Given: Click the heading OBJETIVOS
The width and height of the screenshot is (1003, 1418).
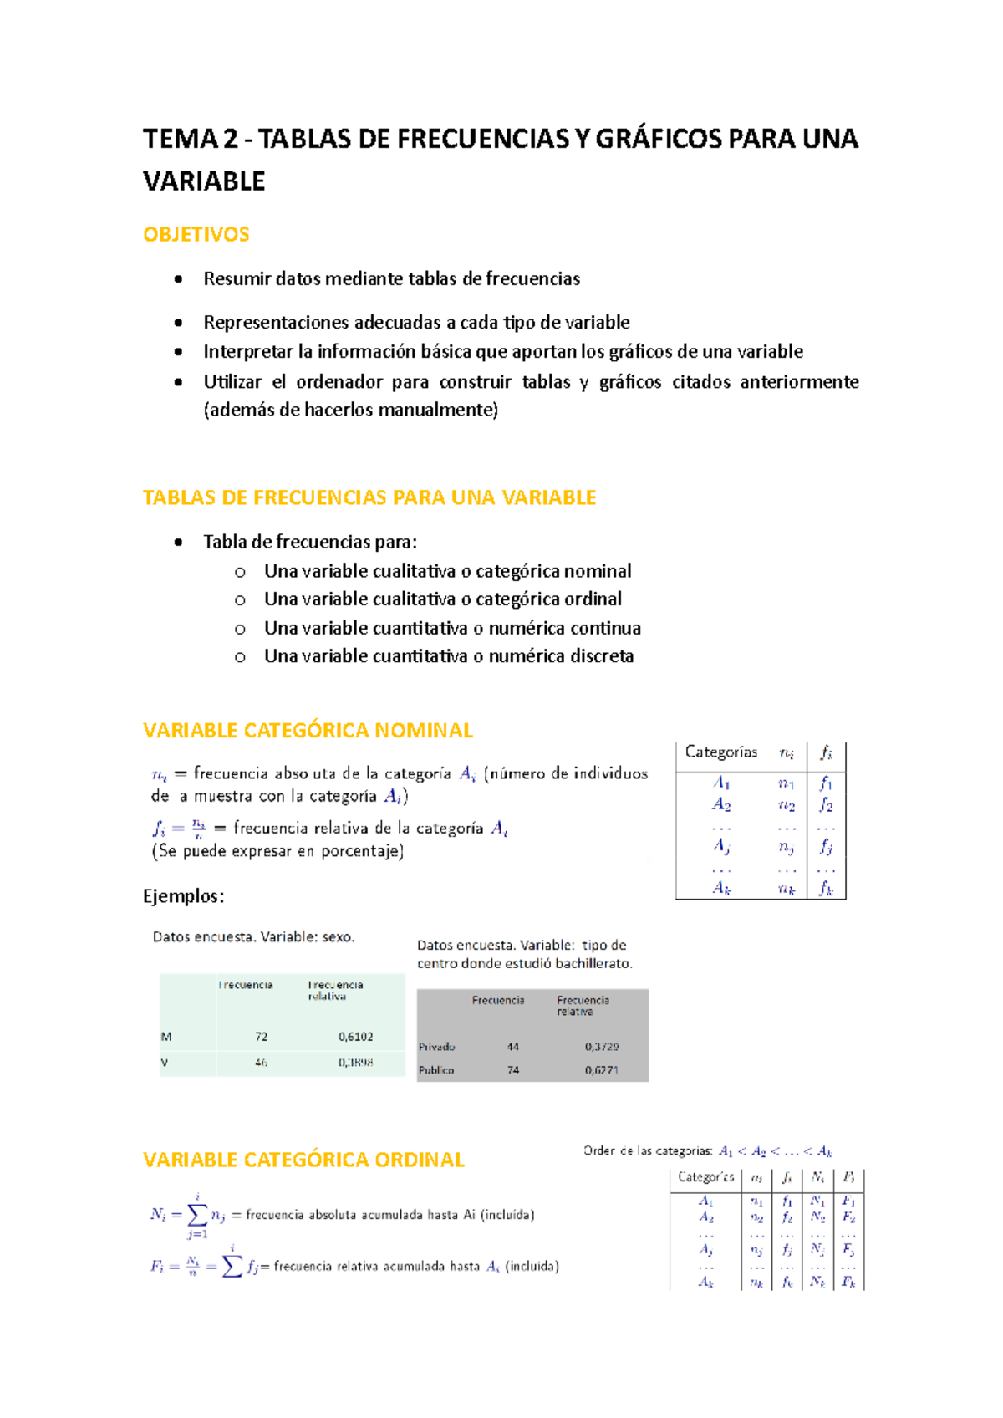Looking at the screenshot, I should coord(196,234).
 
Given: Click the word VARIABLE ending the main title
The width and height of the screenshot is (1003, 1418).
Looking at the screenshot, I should coord(204,181).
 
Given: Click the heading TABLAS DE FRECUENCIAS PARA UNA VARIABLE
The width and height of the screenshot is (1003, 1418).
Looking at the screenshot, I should coord(369,497).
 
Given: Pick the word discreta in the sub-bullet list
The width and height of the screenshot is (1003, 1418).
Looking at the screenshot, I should coord(602,656).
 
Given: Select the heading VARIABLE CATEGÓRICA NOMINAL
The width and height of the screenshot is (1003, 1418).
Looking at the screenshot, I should coord(308,731).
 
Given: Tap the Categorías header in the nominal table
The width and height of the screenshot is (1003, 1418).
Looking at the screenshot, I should coord(720,752).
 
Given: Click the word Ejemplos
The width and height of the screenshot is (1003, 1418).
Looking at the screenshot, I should coord(183,896).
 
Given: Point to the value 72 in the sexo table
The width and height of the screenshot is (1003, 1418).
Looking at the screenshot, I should coord(262,1037).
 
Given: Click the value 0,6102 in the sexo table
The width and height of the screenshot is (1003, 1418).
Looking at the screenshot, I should coord(356,1037).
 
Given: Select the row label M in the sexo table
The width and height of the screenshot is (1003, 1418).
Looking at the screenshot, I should coord(166,1037).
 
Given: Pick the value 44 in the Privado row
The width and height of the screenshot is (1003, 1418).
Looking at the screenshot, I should coord(513,1047).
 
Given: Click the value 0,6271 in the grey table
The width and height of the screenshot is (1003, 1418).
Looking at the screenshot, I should coord(602,1070).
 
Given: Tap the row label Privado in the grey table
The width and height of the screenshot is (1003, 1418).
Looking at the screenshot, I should coord(437,1047).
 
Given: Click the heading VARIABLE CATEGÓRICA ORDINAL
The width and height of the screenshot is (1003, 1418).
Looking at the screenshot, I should coord(303,1160).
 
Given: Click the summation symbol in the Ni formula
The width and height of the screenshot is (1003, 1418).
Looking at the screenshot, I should coord(197,1215).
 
